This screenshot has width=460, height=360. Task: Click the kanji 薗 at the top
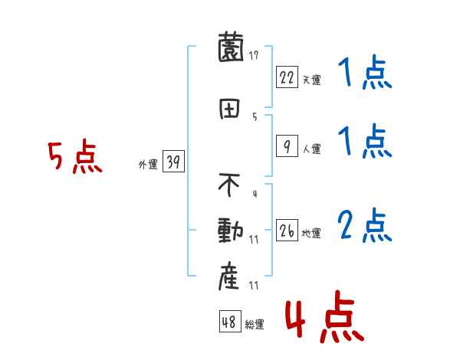(x=230, y=51)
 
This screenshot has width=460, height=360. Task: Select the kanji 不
(x=230, y=185)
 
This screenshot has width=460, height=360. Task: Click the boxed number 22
(x=287, y=77)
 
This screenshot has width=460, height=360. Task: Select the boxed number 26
(x=287, y=230)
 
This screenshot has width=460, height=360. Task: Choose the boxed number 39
(x=174, y=162)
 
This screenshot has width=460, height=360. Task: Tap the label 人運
(x=311, y=149)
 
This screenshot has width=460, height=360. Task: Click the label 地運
(x=311, y=233)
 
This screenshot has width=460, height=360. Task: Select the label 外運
(x=148, y=164)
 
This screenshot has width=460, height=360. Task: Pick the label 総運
(x=255, y=325)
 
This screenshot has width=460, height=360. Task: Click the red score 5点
(x=74, y=158)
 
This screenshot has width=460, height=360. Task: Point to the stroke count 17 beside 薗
(x=254, y=54)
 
